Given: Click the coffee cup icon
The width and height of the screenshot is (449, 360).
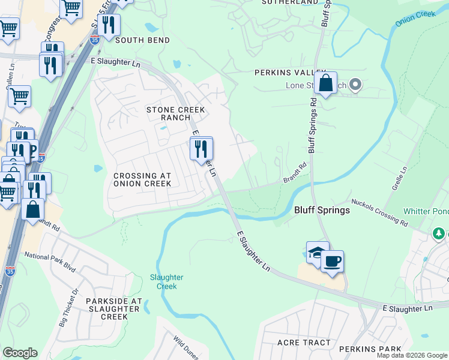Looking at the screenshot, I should (332, 262).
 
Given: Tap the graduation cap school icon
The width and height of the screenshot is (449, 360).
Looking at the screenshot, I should (318, 253).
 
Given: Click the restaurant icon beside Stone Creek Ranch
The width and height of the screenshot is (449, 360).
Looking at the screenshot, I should (202, 148).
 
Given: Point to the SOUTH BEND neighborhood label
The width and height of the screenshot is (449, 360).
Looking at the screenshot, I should (142, 40).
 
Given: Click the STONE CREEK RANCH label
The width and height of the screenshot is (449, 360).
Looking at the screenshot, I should (175, 114).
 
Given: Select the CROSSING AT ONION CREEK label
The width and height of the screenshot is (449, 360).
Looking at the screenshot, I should (142, 179).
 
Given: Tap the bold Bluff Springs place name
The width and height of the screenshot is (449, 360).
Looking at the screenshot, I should (322, 211).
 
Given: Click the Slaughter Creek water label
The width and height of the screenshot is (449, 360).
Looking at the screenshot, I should (163, 281).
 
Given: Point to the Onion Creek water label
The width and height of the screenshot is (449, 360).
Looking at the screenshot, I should (414, 17).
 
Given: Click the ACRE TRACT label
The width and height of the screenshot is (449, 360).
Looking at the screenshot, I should (304, 343).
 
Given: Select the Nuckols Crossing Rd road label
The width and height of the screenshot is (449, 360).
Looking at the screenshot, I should (379, 212).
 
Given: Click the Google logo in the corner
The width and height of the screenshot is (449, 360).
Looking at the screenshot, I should (20, 353).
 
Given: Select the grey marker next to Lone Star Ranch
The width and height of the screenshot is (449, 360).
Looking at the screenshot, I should (355, 85).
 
